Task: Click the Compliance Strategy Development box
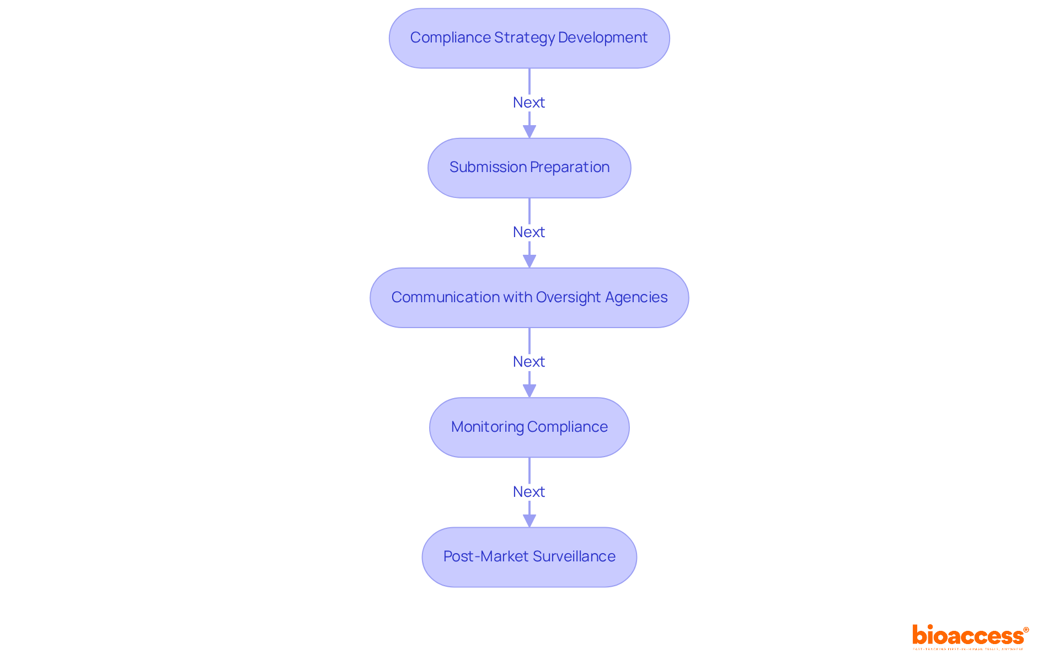point(529,38)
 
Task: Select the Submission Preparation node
point(529,168)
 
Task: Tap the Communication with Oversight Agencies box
point(529,298)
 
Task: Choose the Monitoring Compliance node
point(529,427)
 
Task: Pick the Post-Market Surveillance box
point(529,557)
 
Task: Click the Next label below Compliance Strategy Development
point(528,103)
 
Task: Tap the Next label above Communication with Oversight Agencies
point(528,232)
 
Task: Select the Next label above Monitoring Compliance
point(528,362)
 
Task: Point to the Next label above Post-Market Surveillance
point(528,492)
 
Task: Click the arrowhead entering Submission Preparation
point(529,131)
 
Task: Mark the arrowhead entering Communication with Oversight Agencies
point(529,261)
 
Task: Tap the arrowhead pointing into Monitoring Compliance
point(529,390)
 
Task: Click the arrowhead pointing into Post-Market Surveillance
point(529,520)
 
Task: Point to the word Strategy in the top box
point(525,37)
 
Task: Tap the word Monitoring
point(487,427)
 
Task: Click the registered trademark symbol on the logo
point(1026,630)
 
